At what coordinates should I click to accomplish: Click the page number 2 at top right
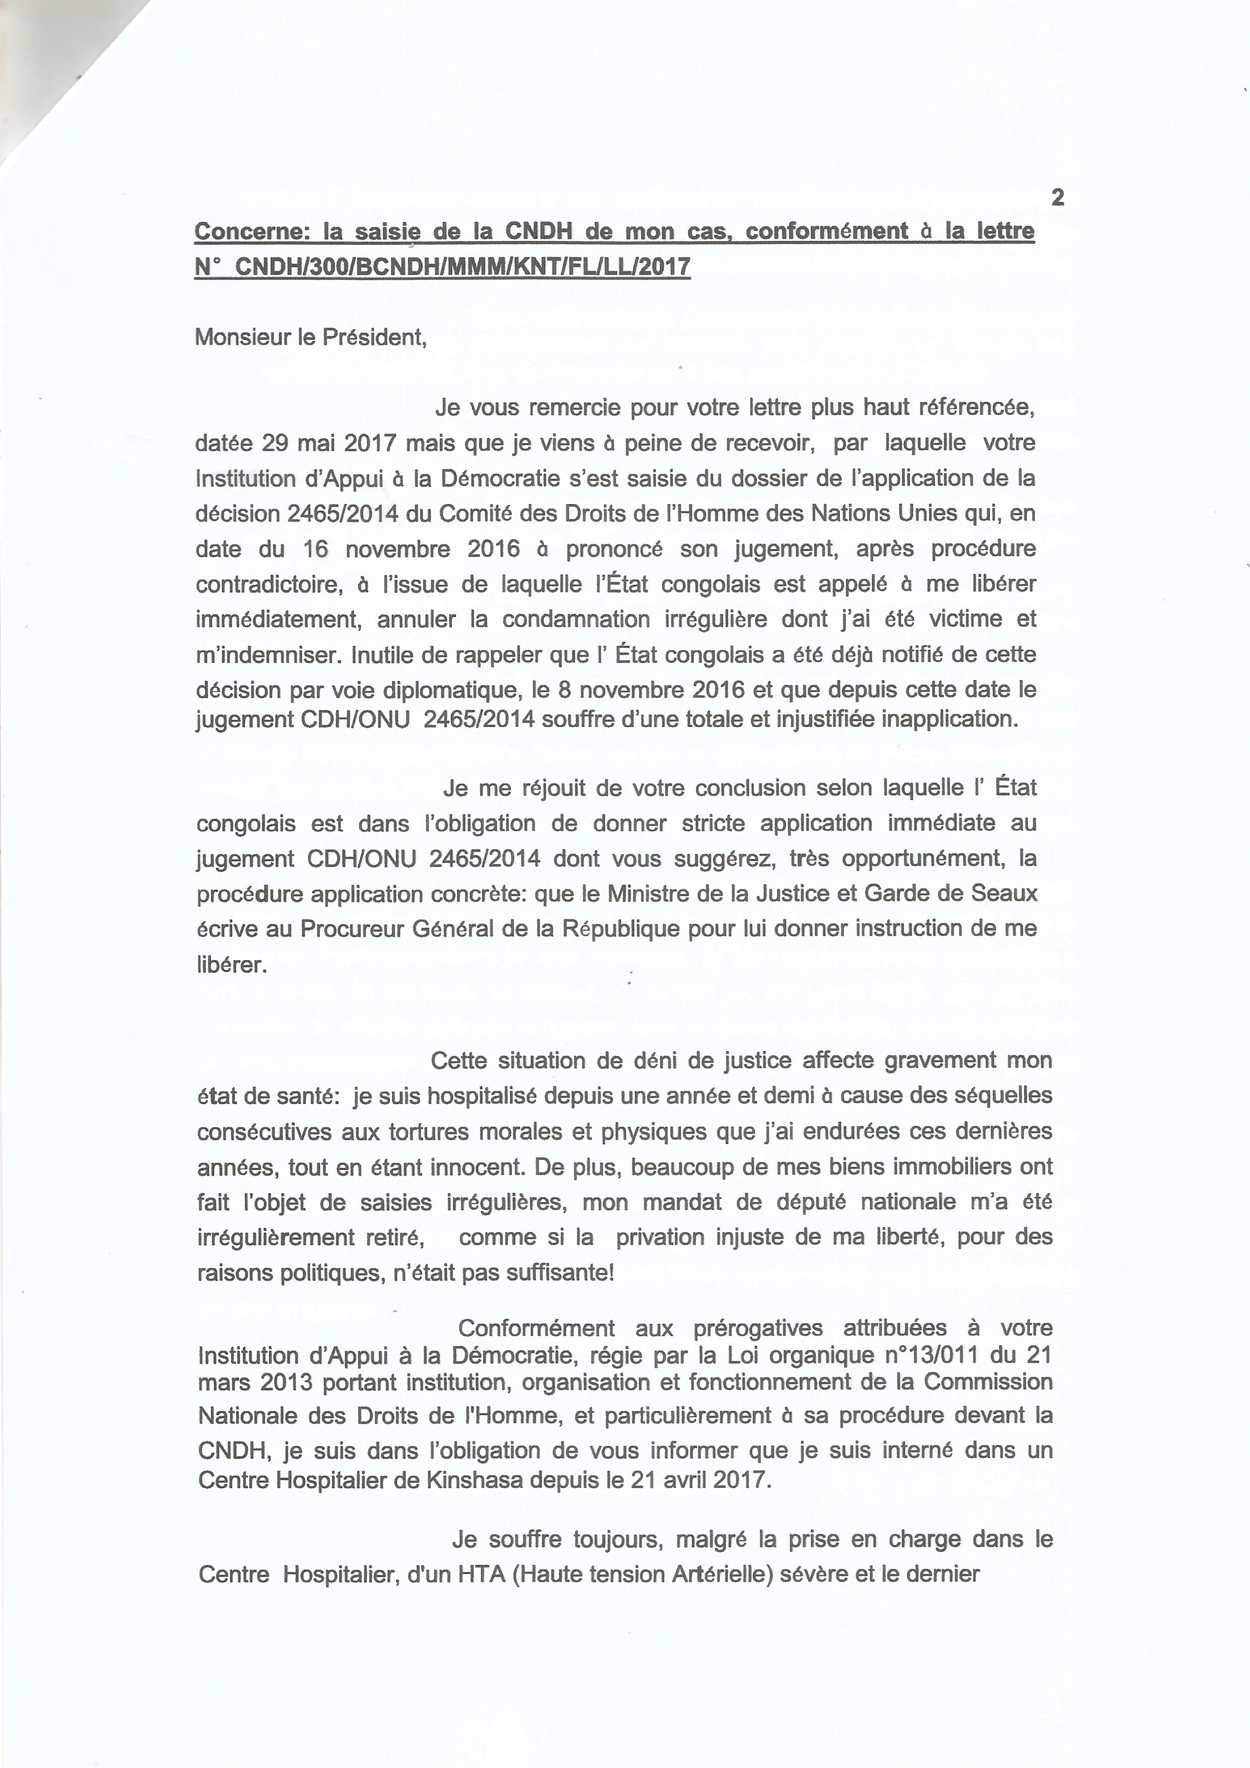tap(1058, 198)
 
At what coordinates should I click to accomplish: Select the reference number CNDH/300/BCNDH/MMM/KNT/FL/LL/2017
tap(462, 266)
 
